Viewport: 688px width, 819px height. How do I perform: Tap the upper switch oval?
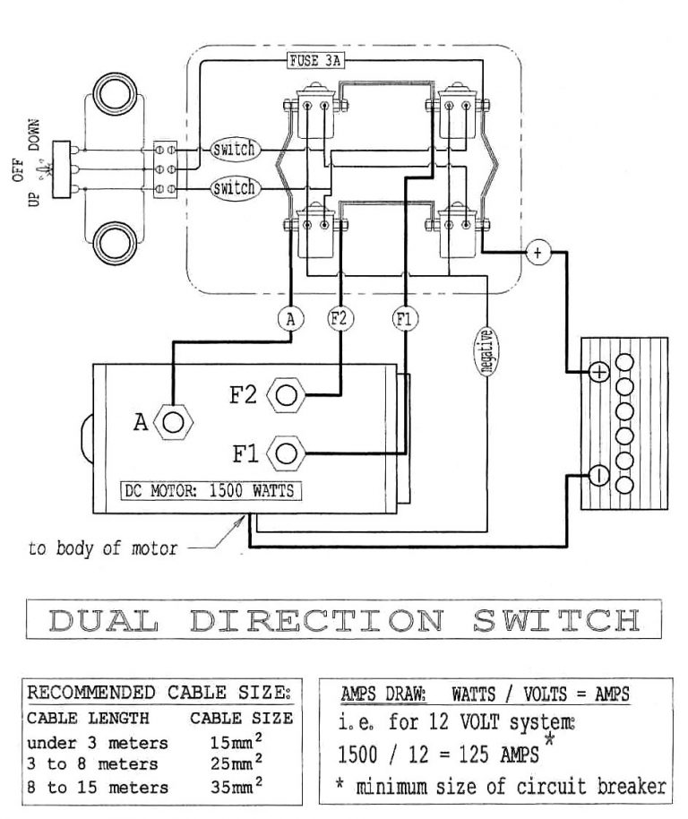(234, 150)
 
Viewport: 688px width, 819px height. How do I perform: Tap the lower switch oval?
(234, 188)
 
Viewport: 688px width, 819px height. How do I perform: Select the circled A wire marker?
(288, 317)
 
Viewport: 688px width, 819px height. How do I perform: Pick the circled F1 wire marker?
(404, 317)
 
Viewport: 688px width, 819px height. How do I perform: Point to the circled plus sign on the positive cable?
(537, 253)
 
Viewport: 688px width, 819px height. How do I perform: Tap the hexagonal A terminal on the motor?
(175, 420)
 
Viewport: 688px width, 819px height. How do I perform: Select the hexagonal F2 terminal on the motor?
(286, 395)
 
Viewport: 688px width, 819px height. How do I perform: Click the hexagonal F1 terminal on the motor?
(287, 453)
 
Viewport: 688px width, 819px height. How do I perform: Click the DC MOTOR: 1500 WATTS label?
(211, 490)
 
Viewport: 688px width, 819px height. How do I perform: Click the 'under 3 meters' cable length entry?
(97, 743)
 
